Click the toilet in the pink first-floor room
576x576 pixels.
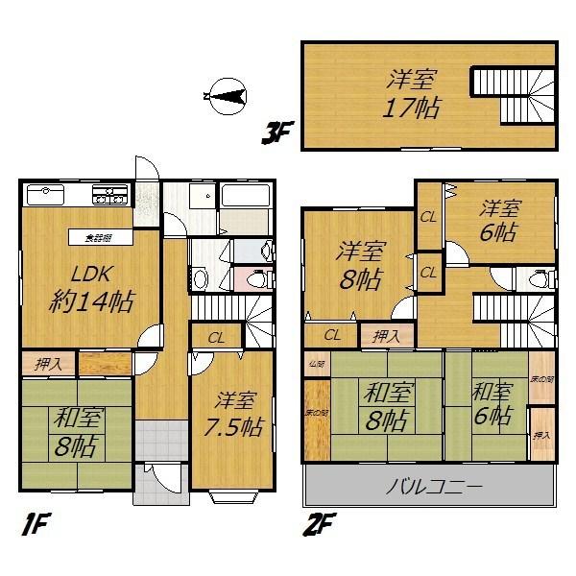(x=254, y=281)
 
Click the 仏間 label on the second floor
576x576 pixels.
(x=316, y=365)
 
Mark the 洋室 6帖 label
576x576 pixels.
(x=500, y=221)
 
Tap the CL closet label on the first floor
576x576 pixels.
(x=217, y=337)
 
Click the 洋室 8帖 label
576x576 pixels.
(x=361, y=266)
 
